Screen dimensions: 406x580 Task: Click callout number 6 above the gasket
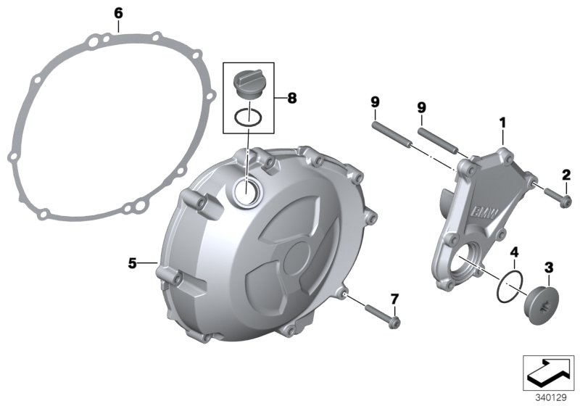119,12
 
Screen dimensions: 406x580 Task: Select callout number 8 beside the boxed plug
291,97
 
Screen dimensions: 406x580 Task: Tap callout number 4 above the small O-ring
514,252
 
